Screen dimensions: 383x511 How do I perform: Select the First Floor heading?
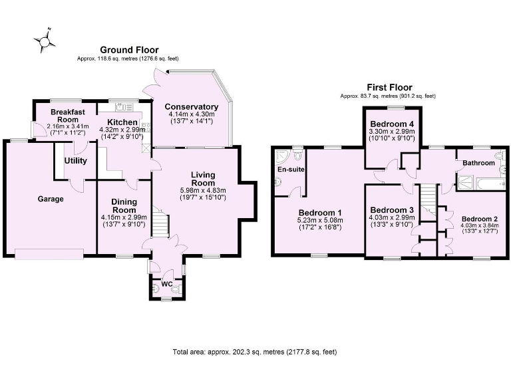point(389,87)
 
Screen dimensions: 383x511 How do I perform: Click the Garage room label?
point(50,199)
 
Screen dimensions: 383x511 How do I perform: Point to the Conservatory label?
point(192,107)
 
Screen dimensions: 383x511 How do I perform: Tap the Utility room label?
point(76,161)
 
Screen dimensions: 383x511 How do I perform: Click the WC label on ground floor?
point(167,285)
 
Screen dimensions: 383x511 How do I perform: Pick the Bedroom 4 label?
point(392,124)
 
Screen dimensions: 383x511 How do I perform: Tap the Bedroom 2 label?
point(480,219)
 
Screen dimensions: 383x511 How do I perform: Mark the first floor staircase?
point(427,198)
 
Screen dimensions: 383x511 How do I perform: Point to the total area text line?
point(259,352)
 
